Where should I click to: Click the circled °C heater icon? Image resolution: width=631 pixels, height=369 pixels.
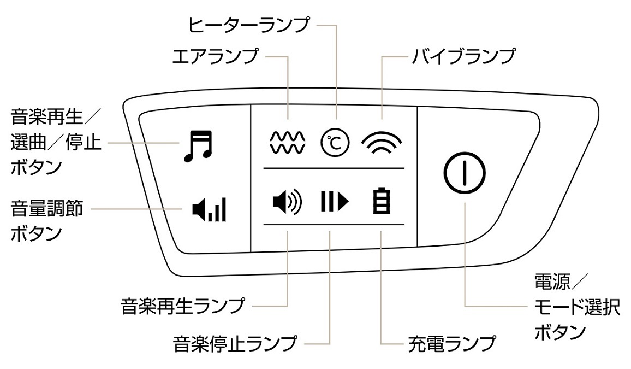point(334,142)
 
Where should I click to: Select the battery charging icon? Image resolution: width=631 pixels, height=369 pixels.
point(382,201)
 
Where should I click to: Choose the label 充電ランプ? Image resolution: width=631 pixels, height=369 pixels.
point(452,344)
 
